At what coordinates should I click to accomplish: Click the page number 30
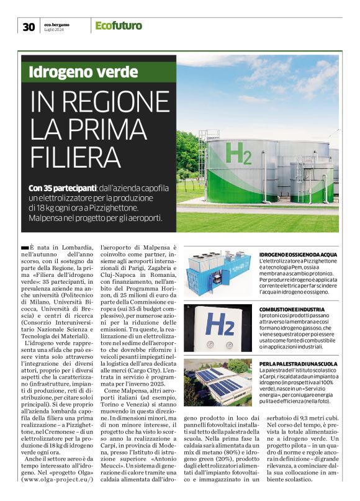(x=29, y=26)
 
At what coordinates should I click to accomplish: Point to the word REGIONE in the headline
(x=109, y=102)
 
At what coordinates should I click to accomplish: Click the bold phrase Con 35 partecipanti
(x=62, y=187)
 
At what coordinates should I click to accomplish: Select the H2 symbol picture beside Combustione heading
(x=220, y=323)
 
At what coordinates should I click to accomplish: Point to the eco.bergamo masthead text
(x=57, y=24)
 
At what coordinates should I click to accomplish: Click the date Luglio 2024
(x=55, y=29)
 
